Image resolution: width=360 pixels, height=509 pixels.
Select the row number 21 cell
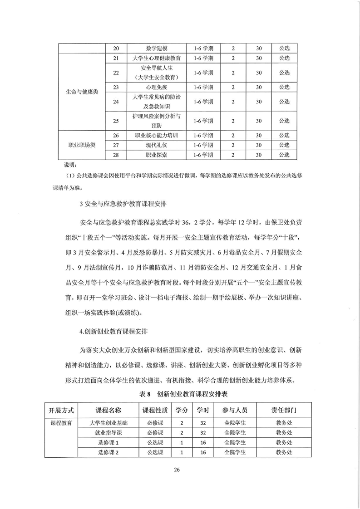116,59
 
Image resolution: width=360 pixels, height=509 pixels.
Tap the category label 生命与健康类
80,92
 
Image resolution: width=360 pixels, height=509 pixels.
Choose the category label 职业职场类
80,145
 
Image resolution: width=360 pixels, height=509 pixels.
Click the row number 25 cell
116,121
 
